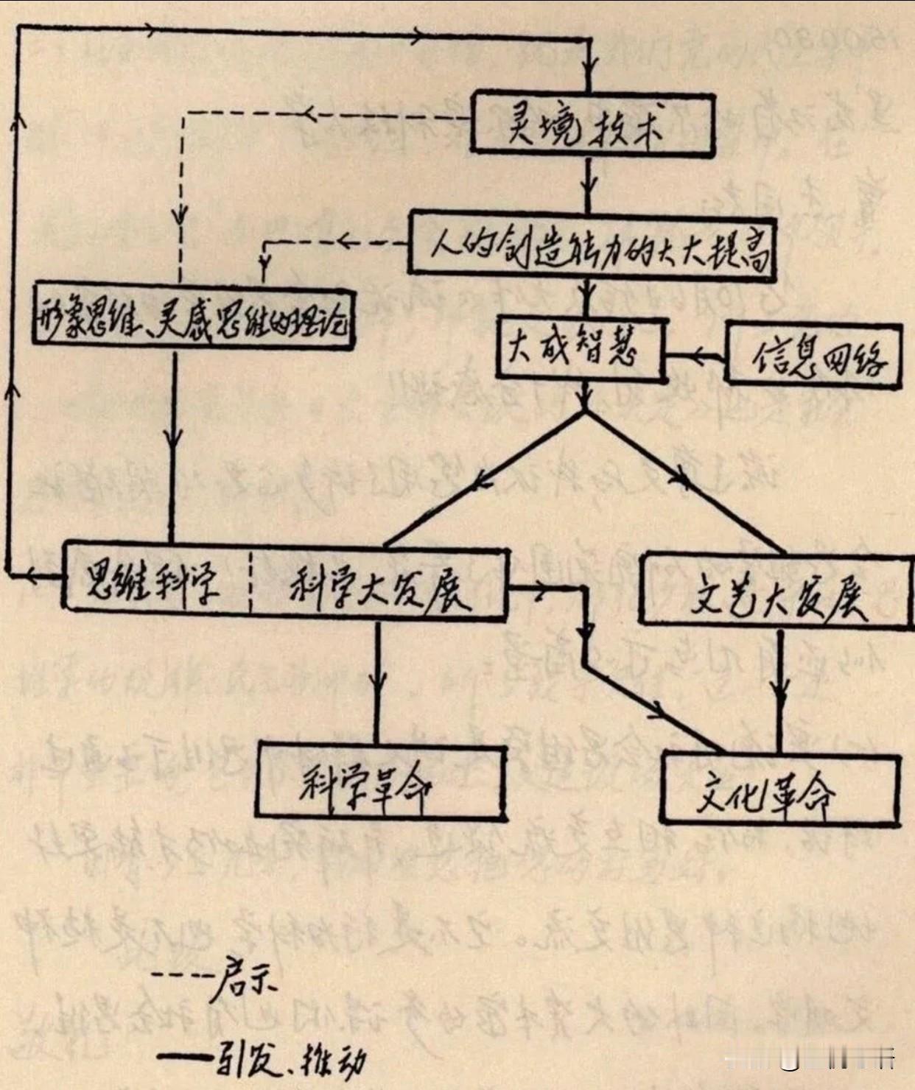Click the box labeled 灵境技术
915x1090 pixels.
pos(592,124)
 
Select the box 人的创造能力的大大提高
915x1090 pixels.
pos(592,247)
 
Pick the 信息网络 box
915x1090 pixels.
pos(813,355)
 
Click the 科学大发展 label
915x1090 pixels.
pos(379,587)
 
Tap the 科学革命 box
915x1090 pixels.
pos(381,783)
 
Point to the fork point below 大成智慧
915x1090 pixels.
pos(585,412)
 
